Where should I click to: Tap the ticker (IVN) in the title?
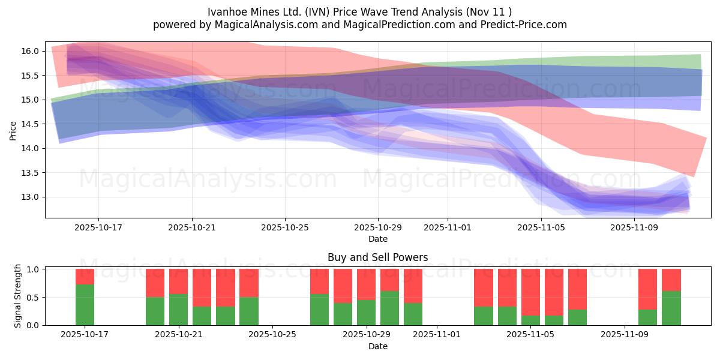click(323, 12)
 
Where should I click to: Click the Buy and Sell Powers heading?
click(377, 257)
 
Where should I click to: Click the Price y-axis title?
click(13, 130)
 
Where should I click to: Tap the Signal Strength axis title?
click(18, 296)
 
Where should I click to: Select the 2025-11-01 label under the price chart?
click(447, 228)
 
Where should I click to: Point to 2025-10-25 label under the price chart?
click(285, 228)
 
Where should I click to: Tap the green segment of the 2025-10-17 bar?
click(85, 305)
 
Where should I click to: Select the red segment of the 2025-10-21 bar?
click(178, 281)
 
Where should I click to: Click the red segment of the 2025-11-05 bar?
click(530, 292)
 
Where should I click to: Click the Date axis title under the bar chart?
click(377, 346)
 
